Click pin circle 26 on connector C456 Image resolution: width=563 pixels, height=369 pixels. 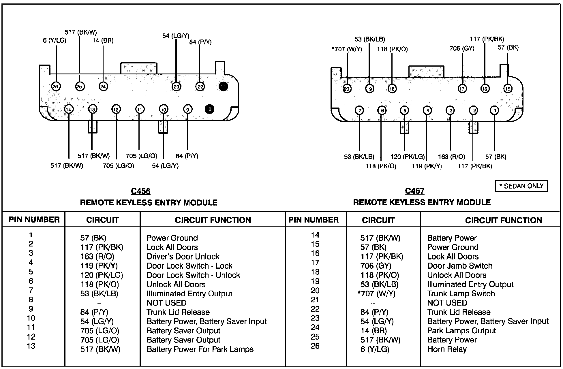(56, 86)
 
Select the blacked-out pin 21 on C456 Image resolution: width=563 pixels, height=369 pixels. (223, 86)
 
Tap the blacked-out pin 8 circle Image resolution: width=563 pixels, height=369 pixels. (209, 109)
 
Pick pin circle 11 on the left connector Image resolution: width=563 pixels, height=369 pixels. (140, 109)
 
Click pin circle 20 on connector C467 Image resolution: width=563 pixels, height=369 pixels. (347, 89)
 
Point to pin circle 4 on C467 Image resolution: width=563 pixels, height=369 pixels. (427, 110)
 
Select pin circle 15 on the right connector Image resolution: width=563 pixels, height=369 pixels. (508, 89)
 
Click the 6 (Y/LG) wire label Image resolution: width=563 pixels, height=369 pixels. (55, 41)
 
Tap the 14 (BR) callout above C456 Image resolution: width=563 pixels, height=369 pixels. (103, 41)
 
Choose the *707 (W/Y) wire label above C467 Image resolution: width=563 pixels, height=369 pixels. (347, 49)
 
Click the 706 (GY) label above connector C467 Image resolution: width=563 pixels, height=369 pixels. (462, 48)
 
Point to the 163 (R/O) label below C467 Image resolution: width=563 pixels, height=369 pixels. (451, 157)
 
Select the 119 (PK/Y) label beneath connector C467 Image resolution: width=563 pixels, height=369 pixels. (427, 166)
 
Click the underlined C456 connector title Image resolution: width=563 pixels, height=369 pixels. (140, 191)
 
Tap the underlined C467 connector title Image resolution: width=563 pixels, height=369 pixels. (414, 191)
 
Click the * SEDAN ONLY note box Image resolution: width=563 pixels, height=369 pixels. (521, 186)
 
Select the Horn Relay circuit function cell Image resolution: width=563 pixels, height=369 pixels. (447, 349)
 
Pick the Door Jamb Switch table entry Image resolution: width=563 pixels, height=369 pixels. (460, 266)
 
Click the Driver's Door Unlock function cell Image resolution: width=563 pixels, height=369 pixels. (183, 257)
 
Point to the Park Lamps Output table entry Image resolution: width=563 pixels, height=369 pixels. (461, 331)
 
